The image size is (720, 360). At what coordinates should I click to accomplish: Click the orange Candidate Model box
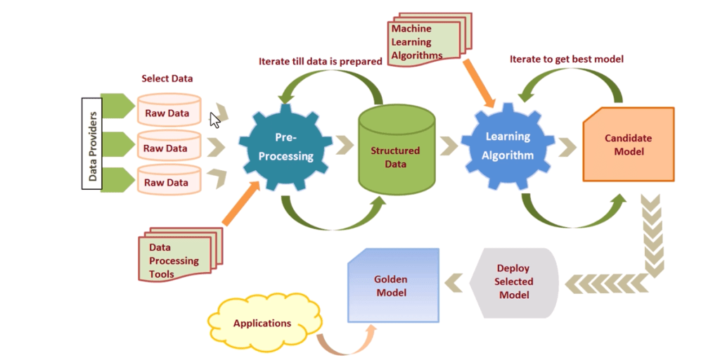click(628, 145)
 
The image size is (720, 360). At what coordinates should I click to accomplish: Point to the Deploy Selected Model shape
click(513, 281)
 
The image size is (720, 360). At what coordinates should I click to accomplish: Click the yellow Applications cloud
click(262, 323)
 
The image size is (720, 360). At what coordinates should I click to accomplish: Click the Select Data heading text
click(167, 79)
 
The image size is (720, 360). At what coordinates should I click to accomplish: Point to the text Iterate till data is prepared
click(321, 61)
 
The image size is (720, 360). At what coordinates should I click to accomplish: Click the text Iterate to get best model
click(566, 59)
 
